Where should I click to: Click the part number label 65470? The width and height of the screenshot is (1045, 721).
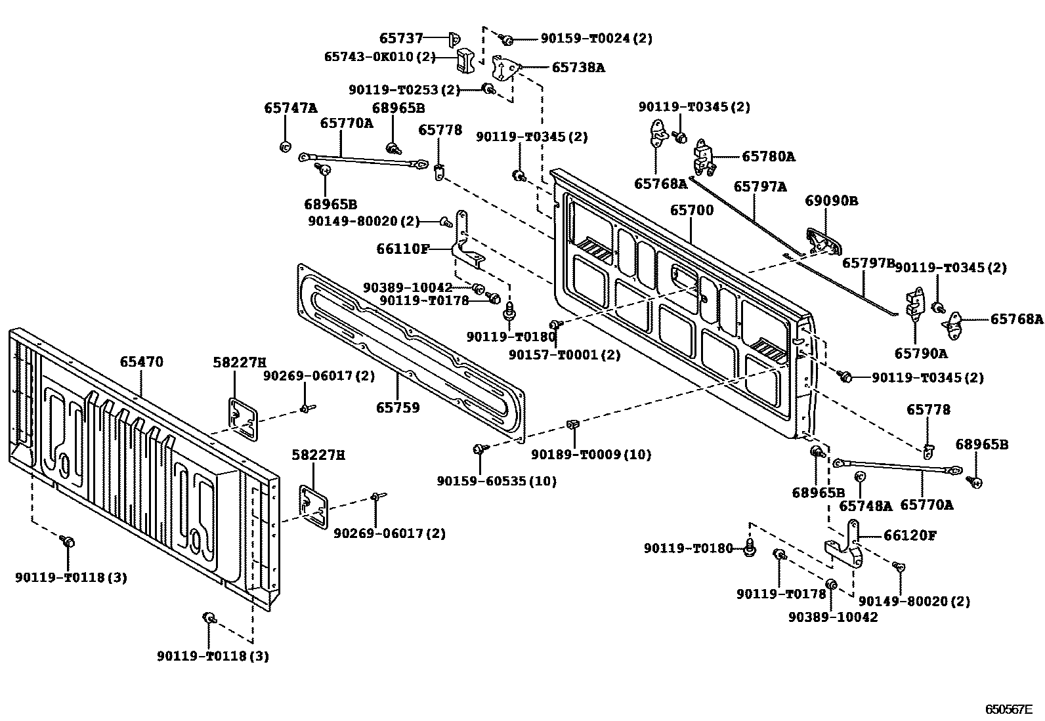141,362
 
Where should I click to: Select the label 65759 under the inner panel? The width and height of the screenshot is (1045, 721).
398,407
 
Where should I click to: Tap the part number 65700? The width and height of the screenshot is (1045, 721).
691,211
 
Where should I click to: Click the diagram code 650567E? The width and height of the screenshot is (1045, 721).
1008,709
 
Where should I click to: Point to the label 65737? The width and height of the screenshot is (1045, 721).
402,39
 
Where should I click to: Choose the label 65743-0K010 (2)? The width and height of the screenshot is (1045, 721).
379,56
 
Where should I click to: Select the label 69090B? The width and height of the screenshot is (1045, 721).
832,201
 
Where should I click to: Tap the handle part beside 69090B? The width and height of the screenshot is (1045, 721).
823,241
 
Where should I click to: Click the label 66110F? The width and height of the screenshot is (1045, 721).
403,249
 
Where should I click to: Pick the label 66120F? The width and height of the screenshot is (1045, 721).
910,535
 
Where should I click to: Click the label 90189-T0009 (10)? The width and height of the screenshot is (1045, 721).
591,454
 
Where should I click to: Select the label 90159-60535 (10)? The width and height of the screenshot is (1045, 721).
496,481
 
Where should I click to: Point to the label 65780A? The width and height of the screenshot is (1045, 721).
768,156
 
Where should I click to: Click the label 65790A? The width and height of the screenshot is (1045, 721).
921,354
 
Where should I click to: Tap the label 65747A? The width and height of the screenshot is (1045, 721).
290,108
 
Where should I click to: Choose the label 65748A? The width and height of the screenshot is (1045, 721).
866,506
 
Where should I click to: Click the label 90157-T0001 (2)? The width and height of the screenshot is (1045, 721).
564,355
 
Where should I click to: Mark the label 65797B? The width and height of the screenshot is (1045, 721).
868,262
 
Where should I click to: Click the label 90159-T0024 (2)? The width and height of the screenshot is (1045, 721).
596,39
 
